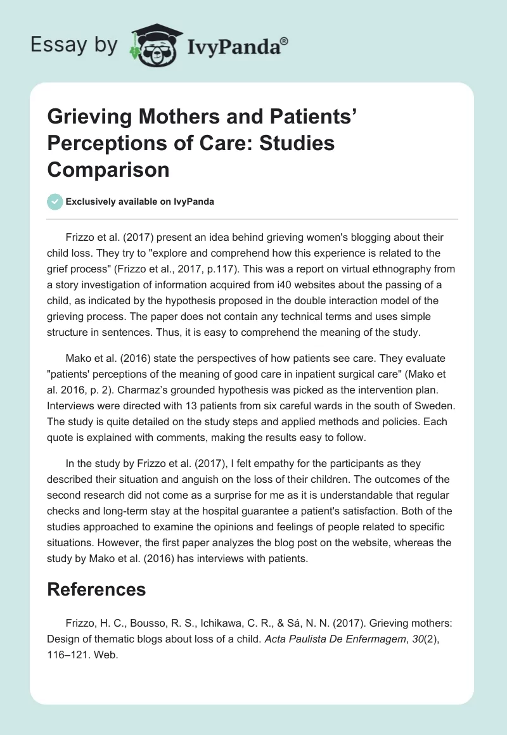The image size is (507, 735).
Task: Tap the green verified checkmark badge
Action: point(55,201)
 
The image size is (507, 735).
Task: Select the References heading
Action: point(96,589)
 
